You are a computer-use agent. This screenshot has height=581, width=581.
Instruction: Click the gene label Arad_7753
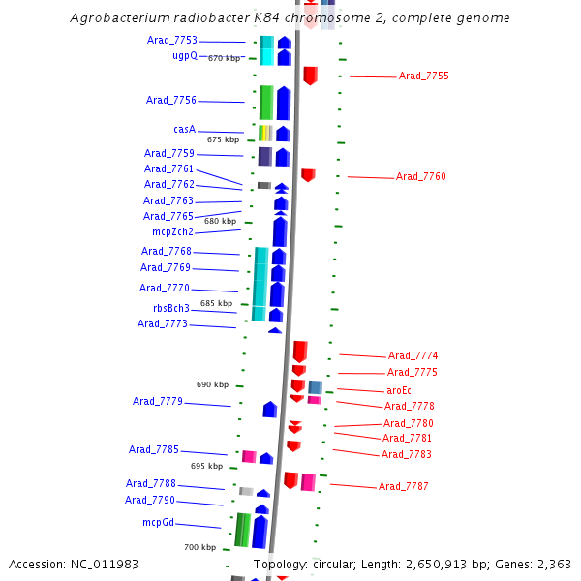tap(172, 41)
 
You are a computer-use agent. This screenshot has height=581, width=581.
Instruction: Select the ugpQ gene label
tap(185, 55)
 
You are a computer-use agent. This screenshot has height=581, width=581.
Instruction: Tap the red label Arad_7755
tap(423, 76)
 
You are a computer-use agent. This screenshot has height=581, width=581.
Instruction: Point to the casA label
tap(185, 129)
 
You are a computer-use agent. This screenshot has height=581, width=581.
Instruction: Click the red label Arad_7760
tap(420, 176)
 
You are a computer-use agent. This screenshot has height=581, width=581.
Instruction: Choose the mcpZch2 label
tap(172, 231)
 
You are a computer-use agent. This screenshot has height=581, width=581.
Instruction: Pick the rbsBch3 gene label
tap(171, 308)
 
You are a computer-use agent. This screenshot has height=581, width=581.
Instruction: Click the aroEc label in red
tap(399, 390)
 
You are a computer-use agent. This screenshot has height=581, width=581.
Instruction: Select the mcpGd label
tap(159, 522)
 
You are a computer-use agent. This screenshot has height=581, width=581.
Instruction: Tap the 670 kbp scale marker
tap(224, 58)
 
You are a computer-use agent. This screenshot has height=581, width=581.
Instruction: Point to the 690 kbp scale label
tap(212, 384)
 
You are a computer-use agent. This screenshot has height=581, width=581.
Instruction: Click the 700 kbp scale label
tap(200, 547)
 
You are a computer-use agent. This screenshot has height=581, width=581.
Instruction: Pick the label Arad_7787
tap(403, 486)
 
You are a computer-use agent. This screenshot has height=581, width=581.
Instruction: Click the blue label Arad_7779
tap(157, 401)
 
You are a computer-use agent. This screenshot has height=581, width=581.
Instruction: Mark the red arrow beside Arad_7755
tap(310, 75)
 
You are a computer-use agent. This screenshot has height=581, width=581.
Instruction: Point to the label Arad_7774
tap(413, 355)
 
